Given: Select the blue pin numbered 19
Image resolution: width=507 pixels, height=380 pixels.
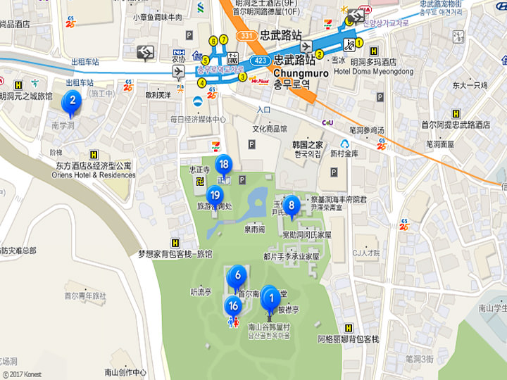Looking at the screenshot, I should click(215, 196).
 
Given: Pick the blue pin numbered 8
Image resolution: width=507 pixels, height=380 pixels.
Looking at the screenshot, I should click(290, 205).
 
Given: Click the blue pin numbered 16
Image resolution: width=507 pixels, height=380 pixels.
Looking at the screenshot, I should click(233, 306).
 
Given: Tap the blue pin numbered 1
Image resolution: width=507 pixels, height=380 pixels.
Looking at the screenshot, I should click(270, 299).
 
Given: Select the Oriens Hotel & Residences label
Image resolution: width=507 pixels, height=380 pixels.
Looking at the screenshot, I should click(93, 175).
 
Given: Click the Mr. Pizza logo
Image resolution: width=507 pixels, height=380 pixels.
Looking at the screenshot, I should click(260, 82).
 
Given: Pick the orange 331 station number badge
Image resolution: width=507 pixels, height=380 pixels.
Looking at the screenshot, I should click(245, 34).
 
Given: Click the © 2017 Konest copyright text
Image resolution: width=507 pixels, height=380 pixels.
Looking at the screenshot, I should click(23, 375).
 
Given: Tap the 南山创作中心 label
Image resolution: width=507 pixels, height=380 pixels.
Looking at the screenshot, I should click(125, 372).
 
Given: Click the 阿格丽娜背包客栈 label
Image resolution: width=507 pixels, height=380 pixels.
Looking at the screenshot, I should click(348, 339).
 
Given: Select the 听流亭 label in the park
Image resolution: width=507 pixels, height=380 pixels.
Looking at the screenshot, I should click(201, 291).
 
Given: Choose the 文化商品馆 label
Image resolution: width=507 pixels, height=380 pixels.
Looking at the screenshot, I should click(270, 129).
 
